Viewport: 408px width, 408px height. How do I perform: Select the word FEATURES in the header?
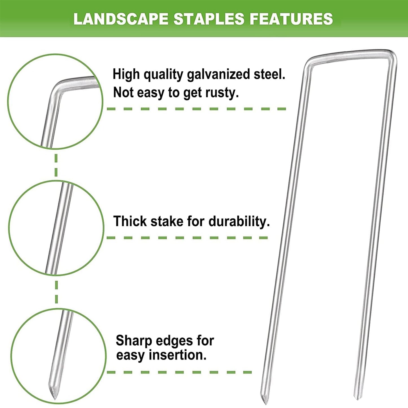[x=291, y=19]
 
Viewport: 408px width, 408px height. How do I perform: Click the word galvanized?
[x=219, y=75]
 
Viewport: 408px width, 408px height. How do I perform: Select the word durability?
[x=239, y=222]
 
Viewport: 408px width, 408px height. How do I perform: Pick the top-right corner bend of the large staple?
[x=394, y=54]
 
